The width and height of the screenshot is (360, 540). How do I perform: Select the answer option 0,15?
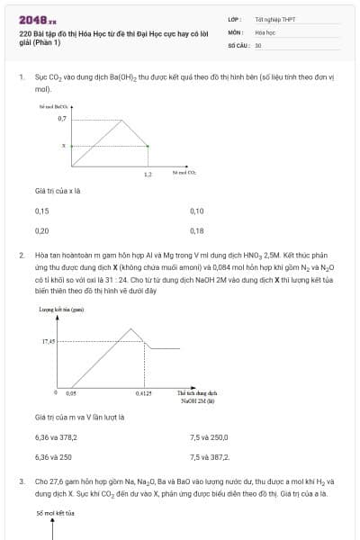[41, 211]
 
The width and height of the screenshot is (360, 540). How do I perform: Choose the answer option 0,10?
[197, 211]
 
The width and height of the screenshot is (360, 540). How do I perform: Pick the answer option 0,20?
[41, 230]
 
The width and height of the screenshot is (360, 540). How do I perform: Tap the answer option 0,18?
[197, 230]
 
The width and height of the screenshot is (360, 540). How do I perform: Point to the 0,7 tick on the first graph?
[62, 118]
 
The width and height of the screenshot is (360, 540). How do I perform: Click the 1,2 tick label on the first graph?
[148, 174]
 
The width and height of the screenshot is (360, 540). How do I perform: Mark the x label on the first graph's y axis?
[64, 145]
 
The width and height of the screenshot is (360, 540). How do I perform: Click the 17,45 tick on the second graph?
[49, 342]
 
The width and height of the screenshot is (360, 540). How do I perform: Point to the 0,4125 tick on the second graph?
[143, 393]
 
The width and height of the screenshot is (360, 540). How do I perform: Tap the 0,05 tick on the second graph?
[71, 393]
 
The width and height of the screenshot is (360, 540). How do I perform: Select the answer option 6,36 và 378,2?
[56, 437]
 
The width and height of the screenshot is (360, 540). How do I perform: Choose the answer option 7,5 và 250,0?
[209, 437]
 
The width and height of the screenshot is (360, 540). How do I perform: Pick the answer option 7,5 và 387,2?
[210, 457]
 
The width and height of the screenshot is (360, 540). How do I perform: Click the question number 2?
[21, 256]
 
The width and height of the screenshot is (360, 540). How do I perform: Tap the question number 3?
[21, 481]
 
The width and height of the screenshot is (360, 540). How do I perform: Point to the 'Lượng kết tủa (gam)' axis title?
[57, 309]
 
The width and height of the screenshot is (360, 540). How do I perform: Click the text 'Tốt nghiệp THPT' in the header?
[274, 18]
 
